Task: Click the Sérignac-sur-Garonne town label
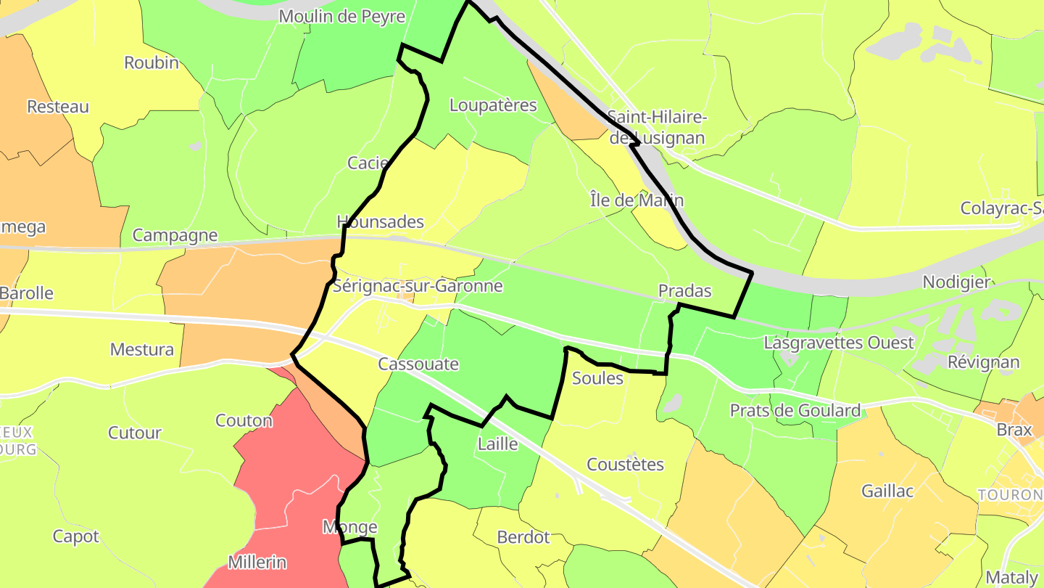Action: coord(418,286)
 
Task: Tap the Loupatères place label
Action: coord(493,105)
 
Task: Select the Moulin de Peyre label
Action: coord(341,16)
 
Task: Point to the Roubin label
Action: coord(152,62)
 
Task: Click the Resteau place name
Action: coord(58,107)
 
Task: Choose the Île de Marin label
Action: coord(637,200)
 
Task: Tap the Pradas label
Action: coord(684,291)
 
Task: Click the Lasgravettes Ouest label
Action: coord(839,342)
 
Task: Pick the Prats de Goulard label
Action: coord(795,411)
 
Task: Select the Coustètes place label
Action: coord(625,465)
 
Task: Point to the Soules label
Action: coord(597,378)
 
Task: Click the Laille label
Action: coord(498,444)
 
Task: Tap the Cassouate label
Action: coord(418,364)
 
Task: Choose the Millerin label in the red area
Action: coord(257,562)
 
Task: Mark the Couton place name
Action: coord(244,420)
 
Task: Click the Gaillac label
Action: coord(887,491)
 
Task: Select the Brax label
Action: coord(1014,430)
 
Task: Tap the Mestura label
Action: coord(142,350)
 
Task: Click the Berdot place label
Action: coord(523,537)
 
